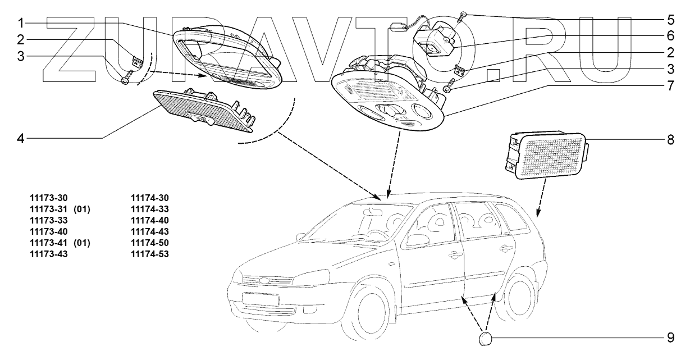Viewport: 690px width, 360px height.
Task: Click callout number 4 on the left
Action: coord(20,136)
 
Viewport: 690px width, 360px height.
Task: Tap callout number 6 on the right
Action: coord(670,37)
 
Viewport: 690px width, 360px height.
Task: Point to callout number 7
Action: coord(670,86)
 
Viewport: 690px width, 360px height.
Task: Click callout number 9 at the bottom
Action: coord(670,338)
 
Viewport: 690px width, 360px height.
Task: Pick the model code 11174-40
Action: coord(149,220)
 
